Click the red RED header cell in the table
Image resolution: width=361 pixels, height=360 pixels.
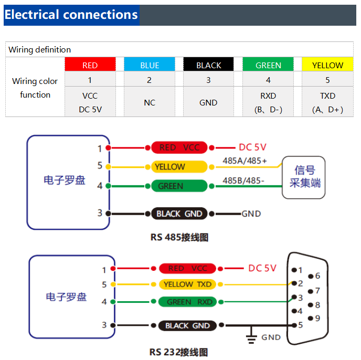90,65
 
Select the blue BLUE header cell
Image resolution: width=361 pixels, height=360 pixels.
150,65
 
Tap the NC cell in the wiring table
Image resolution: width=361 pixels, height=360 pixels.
150,102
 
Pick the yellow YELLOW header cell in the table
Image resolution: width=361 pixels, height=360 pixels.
327,65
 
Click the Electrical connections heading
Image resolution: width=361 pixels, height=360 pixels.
71,15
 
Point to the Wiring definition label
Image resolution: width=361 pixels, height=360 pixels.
40,50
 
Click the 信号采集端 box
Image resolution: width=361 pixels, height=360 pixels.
303,177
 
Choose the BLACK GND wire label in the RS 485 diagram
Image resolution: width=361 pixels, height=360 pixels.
179,214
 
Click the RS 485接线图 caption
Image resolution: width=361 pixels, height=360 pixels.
179,237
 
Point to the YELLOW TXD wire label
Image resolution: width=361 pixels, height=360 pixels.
187,284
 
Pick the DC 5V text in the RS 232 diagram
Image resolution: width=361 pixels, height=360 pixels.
262,268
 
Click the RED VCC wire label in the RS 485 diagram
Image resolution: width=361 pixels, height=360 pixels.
179,147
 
